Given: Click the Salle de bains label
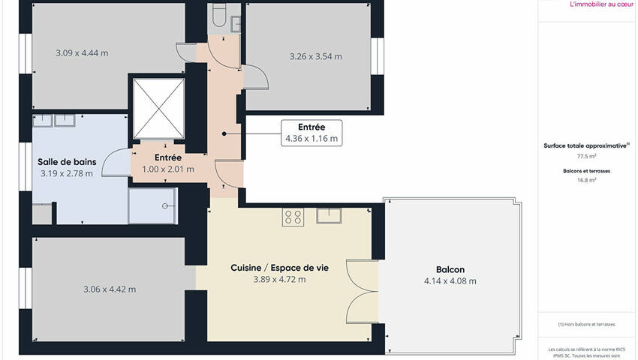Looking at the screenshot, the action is coord(67,162).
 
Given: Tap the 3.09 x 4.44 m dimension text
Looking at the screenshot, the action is coord(83,53).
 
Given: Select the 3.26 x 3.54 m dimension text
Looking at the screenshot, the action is coord(316,56).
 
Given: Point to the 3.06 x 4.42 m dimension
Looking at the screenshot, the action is coord(110,289).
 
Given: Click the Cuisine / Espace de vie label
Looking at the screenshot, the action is coord(279,268).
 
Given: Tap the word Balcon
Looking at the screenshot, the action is coord(450,269).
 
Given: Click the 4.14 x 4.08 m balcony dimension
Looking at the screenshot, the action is coord(450,281).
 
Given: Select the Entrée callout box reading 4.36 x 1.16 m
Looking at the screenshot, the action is coord(311,133).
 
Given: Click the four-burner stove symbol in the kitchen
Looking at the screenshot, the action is coord(293,217).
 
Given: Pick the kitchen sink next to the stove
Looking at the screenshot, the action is coord(329,215).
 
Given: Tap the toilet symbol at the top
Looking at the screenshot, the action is coord(219,16).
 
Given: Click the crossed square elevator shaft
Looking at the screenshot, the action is coord(158,109).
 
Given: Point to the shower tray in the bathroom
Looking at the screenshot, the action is coord(152,205).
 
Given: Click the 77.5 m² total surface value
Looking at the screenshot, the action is coord(586,156).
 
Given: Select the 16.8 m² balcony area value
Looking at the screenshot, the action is coord(586,180).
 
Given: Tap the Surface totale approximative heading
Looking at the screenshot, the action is coord(586,145).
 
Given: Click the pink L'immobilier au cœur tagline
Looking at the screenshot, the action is coord(602,4).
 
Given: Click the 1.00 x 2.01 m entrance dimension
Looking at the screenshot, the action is coord(168,169).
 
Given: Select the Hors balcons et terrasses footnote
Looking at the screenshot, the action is coord(586,324).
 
